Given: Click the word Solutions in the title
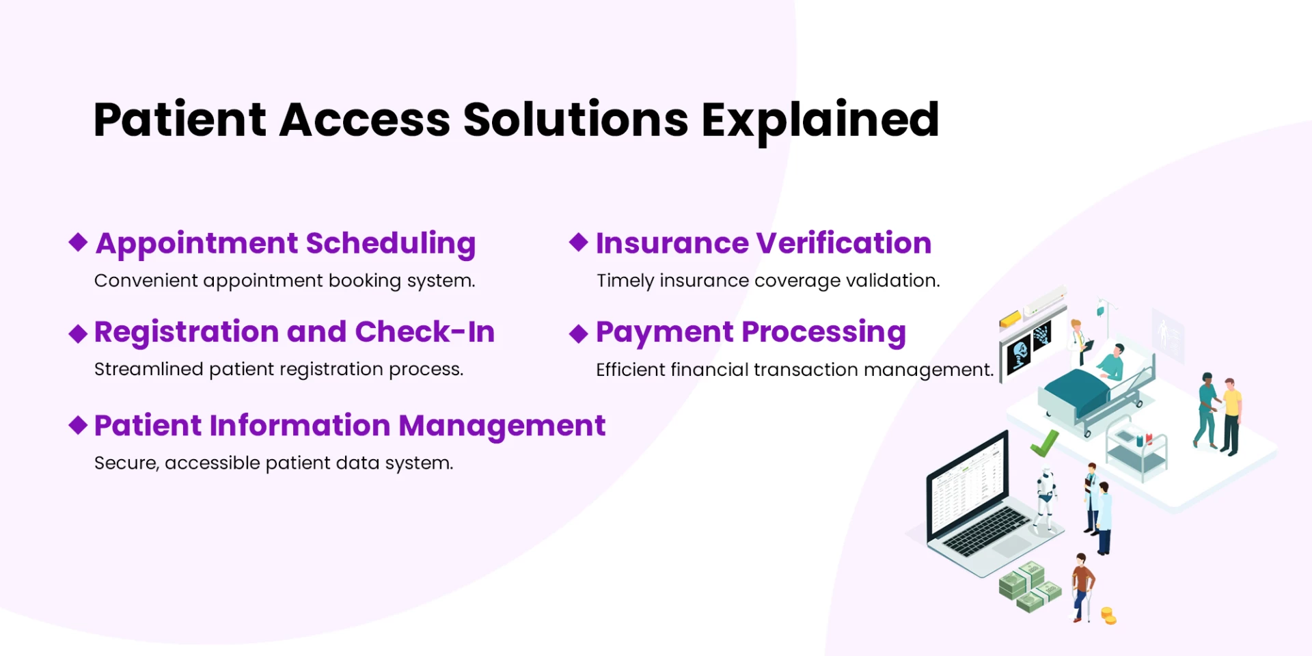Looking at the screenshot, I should [x=575, y=120].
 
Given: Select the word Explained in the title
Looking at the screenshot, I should [x=820, y=120].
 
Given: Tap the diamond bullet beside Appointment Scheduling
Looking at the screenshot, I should [x=79, y=242].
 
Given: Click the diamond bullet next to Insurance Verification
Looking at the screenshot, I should [x=579, y=242].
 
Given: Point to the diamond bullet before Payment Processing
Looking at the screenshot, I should [x=579, y=333].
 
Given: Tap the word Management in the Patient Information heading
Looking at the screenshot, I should [x=502, y=426].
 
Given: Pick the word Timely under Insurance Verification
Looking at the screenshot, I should [x=625, y=281].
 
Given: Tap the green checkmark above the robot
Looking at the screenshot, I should [x=1044, y=444].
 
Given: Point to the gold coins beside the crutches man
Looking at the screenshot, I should [x=1108, y=616].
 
